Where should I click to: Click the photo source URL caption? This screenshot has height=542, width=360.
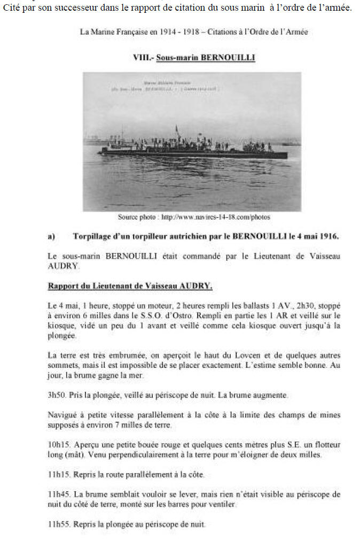click(x=194, y=217)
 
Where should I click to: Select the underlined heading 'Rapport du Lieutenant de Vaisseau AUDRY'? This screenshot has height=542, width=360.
click(x=130, y=286)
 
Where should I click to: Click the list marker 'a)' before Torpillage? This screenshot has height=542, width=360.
click(x=51, y=236)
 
